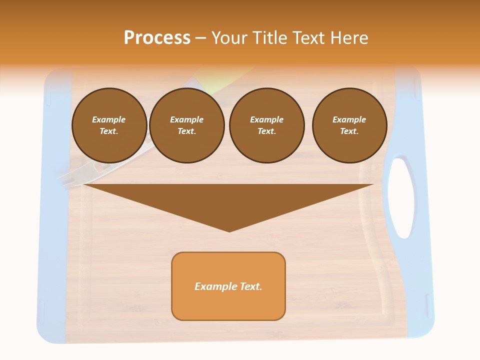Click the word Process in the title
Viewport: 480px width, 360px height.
pyautogui.click(x=157, y=38)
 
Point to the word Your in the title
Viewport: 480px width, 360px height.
pyautogui.click(x=229, y=38)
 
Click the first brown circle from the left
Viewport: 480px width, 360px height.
pyautogui.click(x=109, y=125)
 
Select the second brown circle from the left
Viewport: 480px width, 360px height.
pyautogui.click(x=186, y=125)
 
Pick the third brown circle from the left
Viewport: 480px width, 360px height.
pyautogui.click(x=266, y=125)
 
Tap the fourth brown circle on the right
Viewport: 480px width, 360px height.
pyautogui.click(x=349, y=125)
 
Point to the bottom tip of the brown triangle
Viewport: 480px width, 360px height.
pyautogui.click(x=229, y=231)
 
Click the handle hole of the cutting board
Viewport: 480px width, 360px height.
pyautogui.click(x=401, y=197)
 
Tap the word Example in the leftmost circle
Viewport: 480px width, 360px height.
pyautogui.click(x=109, y=119)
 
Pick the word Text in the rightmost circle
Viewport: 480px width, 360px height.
pyautogui.click(x=349, y=131)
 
